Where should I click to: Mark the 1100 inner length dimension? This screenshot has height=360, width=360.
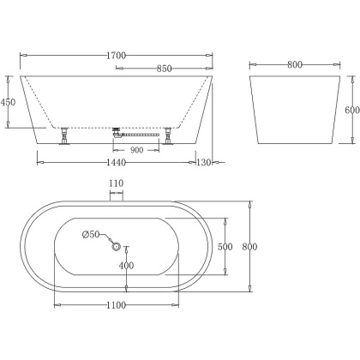(x=117, y=304)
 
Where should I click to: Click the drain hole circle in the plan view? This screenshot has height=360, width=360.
(x=117, y=247)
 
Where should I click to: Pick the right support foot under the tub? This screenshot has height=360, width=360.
(x=171, y=136)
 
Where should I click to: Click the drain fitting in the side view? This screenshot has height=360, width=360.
(x=117, y=132)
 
